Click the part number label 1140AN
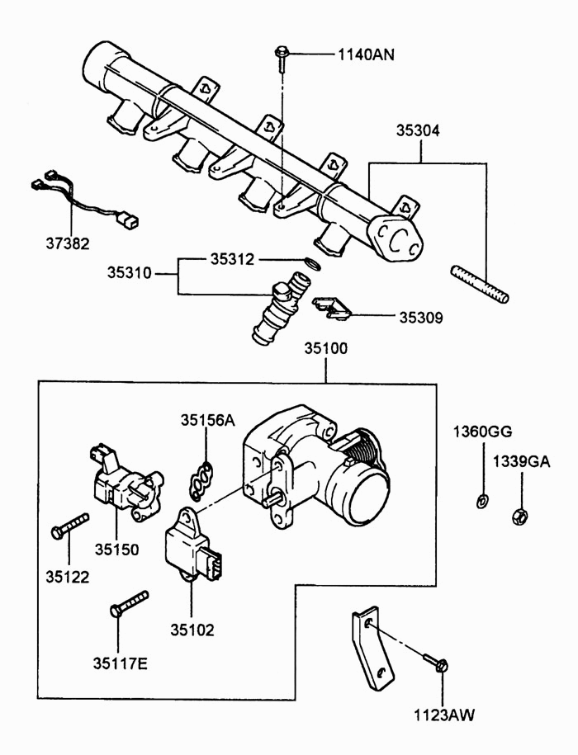click(366, 54)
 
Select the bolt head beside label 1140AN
click(282, 50)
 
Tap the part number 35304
click(418, 130)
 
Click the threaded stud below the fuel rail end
click(480, 284)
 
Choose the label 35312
click(232, 260)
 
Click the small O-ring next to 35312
click(313, 264)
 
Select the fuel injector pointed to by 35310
click(280, 308)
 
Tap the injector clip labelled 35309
click(330, 308)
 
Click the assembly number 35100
click(325, 348)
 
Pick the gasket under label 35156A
click(201, 480)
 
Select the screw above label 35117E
click(129, 604)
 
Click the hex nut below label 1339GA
click(519, 516)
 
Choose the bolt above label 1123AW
click(436, 663)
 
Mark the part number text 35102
click(192, 630)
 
